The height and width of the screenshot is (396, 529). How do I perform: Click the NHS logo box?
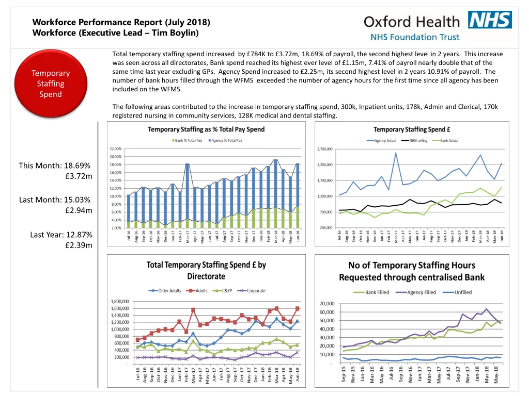[490, 20]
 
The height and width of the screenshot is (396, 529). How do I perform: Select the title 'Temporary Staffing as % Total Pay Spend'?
[206, 129]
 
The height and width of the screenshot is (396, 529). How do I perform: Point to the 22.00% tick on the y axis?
[115, 148]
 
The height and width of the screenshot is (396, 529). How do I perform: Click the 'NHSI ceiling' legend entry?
[418, 141]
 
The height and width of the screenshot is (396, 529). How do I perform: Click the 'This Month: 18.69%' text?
[55, 166]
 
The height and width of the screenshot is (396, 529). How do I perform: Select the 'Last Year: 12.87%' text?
[61, 235]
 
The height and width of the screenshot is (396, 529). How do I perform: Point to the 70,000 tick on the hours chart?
[327, 303]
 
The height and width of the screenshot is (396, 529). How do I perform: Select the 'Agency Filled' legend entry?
[418, 292]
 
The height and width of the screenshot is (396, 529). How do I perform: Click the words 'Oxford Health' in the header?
[411, 21]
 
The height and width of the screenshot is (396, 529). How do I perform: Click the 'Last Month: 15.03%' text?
[55, 200]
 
